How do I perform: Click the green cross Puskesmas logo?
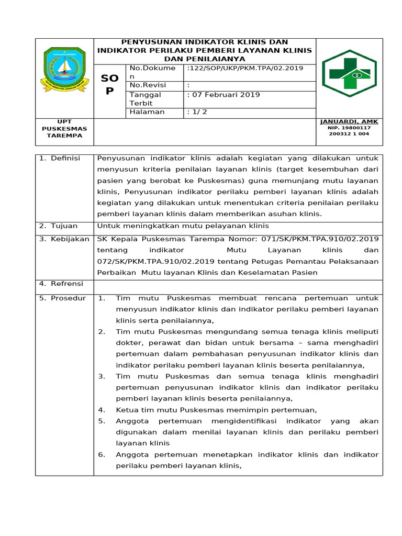coord(349,73)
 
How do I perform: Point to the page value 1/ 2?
coord(197,112)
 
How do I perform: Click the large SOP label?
coord(109,84)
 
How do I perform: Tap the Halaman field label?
coord(147,112)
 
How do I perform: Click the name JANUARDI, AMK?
coord(349,121)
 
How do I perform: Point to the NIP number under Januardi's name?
coord(349,131)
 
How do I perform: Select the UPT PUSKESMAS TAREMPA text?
coord(64,129)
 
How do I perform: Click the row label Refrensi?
coord(61,284)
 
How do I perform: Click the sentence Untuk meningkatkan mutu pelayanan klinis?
coord(183,226)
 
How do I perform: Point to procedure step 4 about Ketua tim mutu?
coord(216,410)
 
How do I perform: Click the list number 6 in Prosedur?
coord(102,454)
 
